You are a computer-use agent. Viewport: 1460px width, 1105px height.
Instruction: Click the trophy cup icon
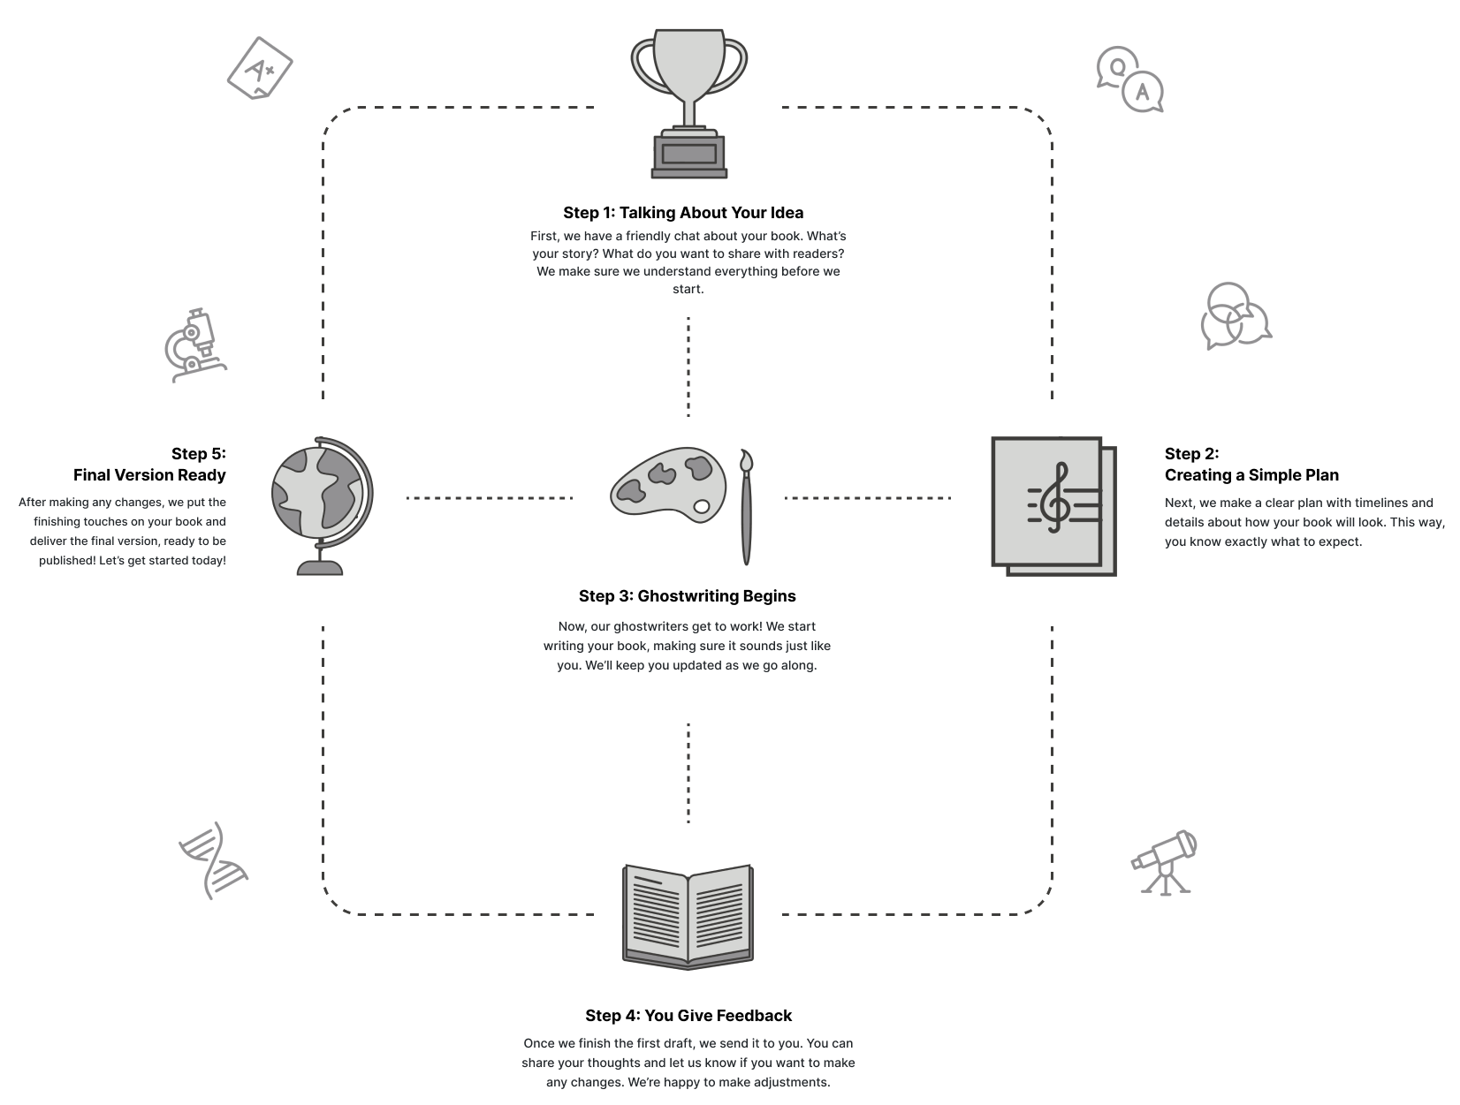[688, 104]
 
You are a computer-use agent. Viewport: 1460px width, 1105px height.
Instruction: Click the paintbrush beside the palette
[746, 507]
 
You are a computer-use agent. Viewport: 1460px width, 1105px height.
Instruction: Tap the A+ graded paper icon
[259, 66]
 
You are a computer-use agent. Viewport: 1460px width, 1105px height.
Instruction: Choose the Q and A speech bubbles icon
[1129, 79]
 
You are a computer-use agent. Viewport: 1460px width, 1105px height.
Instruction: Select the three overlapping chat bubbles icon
[1236, 317]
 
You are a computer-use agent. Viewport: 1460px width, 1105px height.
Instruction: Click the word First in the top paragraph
[544, 237]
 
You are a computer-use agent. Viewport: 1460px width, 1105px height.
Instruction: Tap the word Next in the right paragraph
[1179, 503]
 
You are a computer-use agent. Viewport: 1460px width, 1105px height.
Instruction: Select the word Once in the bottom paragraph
[539, 1044]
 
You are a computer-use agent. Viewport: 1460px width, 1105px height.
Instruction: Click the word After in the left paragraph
[34, 503]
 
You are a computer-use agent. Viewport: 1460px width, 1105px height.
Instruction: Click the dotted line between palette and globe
[490, 498]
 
